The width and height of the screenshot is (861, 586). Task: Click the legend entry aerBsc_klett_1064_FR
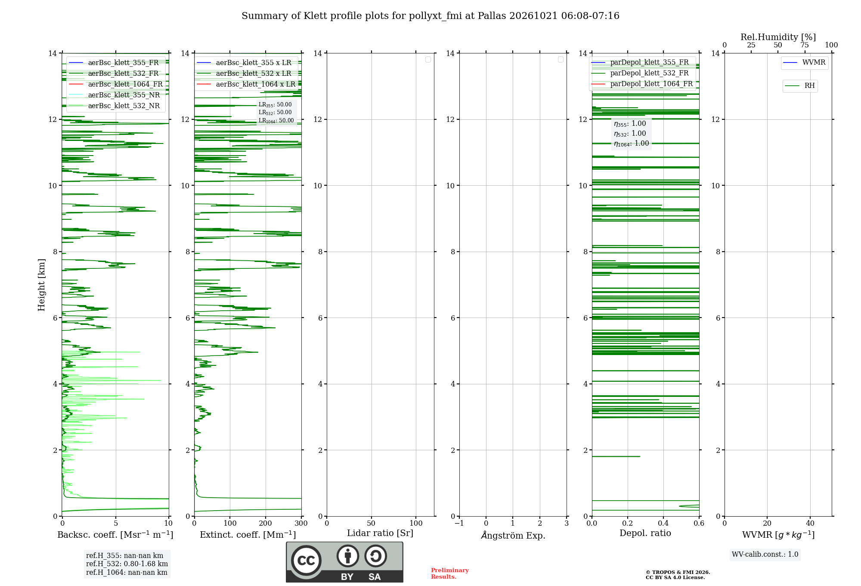116,84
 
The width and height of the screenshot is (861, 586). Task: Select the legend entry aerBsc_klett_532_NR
114,106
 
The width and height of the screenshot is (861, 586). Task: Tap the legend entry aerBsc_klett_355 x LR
244,62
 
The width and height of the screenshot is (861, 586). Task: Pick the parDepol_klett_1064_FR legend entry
642,84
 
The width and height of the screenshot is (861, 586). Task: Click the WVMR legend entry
804,62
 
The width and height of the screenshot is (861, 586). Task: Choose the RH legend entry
800,86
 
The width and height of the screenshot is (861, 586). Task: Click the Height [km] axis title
41,285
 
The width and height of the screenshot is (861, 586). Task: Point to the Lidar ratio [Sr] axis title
380,533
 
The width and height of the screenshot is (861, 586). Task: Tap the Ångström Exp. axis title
513,535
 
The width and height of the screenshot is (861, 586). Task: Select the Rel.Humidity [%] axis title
778,37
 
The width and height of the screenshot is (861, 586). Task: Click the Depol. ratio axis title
645,533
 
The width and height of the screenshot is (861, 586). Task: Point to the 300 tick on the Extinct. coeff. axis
301,523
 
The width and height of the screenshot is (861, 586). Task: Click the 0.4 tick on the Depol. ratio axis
663,523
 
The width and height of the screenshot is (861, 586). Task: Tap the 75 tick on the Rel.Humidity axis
805,45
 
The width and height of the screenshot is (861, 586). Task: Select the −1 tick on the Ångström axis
459,523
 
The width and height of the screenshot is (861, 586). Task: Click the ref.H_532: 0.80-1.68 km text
127,564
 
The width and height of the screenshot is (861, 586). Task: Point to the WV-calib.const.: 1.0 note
765,554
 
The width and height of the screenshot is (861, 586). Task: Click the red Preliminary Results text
449,574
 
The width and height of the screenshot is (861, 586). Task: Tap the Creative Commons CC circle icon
306,561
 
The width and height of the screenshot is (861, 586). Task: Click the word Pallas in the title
492,16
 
